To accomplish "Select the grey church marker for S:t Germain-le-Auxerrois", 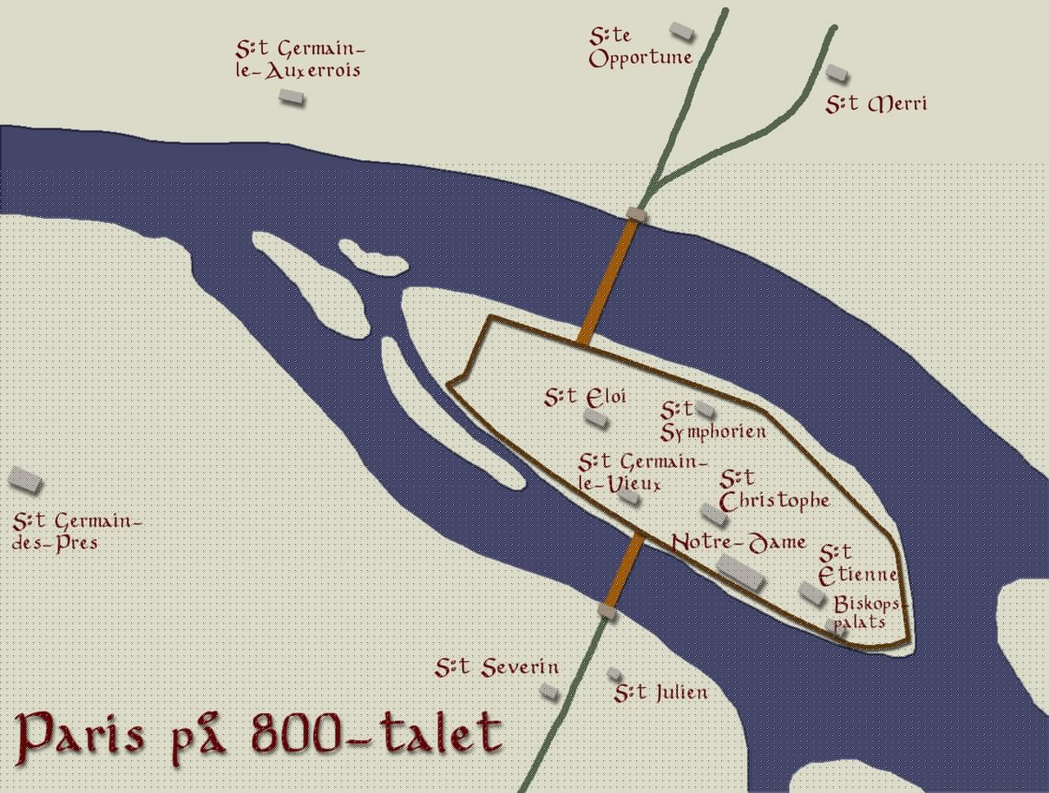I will (x=291, y=97).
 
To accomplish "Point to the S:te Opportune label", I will (x=640, y=48).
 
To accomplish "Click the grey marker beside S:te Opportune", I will (x=682, y=31).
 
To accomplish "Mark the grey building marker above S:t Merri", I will (x=836, y=73).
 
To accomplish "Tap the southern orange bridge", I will (x=624, y=569).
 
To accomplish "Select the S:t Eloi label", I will (x=585, y=397).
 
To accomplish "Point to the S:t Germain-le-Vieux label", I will (x=641, y=473).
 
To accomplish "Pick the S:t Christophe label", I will (x=774, y=490).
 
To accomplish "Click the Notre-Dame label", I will (x=738, y=542).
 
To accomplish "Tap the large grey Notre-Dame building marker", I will (x=741, y=572).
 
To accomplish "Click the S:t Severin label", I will (x=497, y=668).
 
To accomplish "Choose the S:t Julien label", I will (x=661, y=693).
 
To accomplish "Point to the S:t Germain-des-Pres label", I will (x=77, y=531).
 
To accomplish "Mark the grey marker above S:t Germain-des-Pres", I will (x=25, y=480).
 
